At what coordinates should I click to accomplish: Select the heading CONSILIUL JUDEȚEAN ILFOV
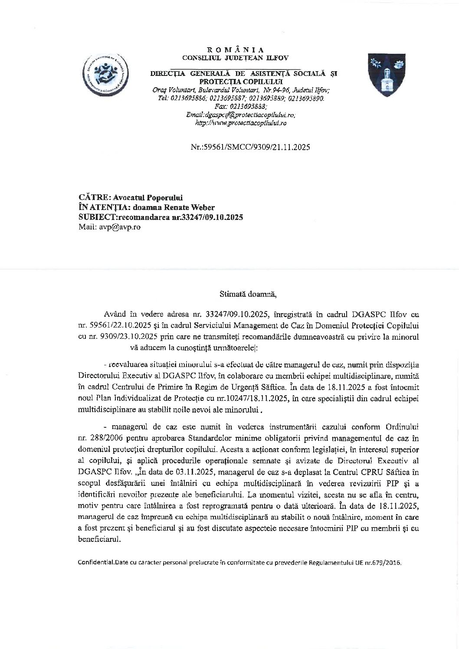pyautogui.click(x=235, y=57)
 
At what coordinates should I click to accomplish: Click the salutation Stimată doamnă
pyautogui.click(x=248, y=295)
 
